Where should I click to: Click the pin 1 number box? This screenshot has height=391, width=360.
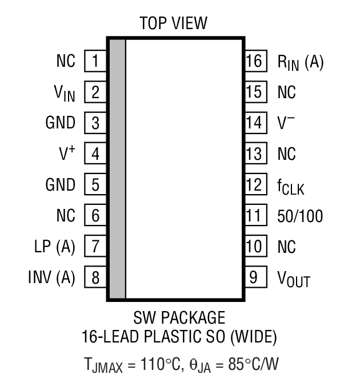(x=96, y=61)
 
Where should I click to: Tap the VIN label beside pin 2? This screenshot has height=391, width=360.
(x=64, y=92)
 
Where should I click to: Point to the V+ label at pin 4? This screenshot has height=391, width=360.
(x=67, y=154)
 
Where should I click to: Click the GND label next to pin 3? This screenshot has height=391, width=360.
(x=60, y=123)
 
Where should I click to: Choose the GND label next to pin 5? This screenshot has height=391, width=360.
(x=60, y=185)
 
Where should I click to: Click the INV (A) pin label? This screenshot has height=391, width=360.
(x=51, y=278)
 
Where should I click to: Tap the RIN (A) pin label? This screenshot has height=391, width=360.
(x=300, y=62)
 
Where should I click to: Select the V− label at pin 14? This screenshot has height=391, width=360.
(x=286, y=123)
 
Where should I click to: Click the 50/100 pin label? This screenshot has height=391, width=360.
(x=300, y=216)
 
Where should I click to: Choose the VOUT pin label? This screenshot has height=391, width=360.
(x=294, y=279)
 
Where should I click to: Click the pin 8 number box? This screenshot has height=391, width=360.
(x=96, y=278)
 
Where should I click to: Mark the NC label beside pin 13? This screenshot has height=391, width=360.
(x=286, y=154)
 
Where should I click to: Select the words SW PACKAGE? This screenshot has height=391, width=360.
(x=179, y=317)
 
